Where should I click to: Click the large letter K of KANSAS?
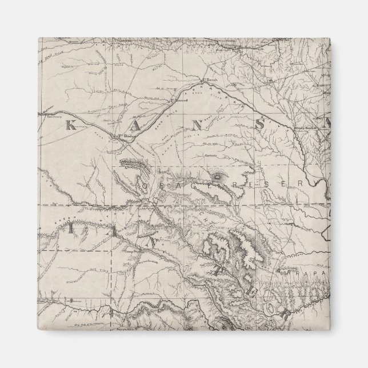71,126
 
